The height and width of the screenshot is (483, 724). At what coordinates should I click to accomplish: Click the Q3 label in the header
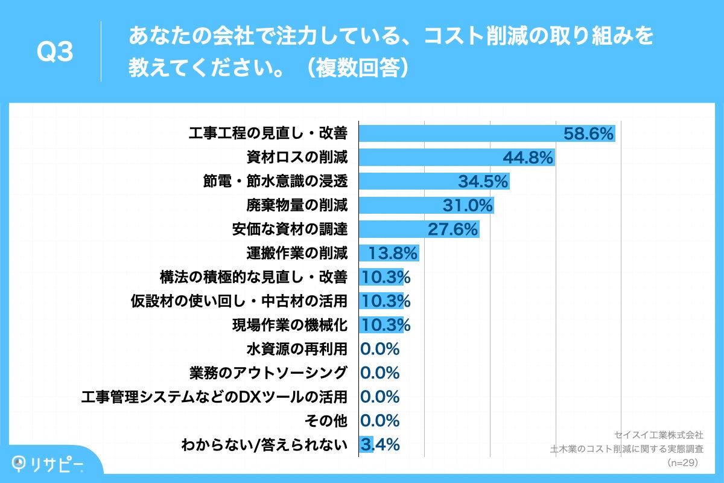(x=55, y=53)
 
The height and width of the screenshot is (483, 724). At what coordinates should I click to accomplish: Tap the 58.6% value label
(x=588, y=134)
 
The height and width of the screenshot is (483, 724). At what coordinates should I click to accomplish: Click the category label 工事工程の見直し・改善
(x=268, y=134)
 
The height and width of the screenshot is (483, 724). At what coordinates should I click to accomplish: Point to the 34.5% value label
(x=483, y=182)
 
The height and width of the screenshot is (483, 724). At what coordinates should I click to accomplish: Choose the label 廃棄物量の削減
(x=297, y=205)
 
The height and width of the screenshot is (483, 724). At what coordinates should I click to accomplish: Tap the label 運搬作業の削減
(x=297, y=253)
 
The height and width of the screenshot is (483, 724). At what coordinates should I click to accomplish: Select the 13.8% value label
(x=393, y=253)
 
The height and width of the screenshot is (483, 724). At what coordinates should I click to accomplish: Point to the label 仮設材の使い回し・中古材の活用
(x=239, y=301)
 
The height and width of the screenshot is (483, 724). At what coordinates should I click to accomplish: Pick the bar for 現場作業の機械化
(x=381, y=325)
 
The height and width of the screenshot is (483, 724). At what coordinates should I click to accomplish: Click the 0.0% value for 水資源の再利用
(x=380, y=349)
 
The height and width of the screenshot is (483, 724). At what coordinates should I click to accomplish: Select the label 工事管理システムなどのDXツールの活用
(x=214, y=397)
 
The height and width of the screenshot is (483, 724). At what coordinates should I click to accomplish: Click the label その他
(x=328, y=420)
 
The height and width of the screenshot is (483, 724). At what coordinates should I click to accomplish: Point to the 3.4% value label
(x=380, y=445)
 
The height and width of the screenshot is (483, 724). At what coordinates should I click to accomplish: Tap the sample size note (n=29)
(x=682, y=463)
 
